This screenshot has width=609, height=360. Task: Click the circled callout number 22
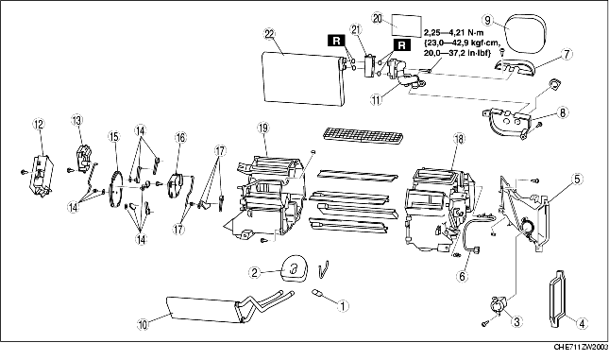[269, 34]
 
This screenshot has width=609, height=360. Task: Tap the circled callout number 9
[489, 20]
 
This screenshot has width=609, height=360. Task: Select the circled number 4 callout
[582, 323]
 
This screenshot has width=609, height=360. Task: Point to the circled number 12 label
[39, 125]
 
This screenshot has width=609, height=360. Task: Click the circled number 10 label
[144, 325]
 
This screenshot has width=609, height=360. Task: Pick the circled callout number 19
[263, 129]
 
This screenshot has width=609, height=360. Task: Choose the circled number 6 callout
[463, 277]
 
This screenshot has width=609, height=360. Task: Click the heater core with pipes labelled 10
[229, 307]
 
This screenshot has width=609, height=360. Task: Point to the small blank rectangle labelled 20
[406, 26]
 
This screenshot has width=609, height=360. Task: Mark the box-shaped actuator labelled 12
[41, 175]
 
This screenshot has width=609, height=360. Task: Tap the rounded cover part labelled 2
[294, 267]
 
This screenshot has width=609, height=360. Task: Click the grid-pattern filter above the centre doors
[364, 136]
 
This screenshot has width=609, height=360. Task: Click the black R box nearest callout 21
[337, 40]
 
